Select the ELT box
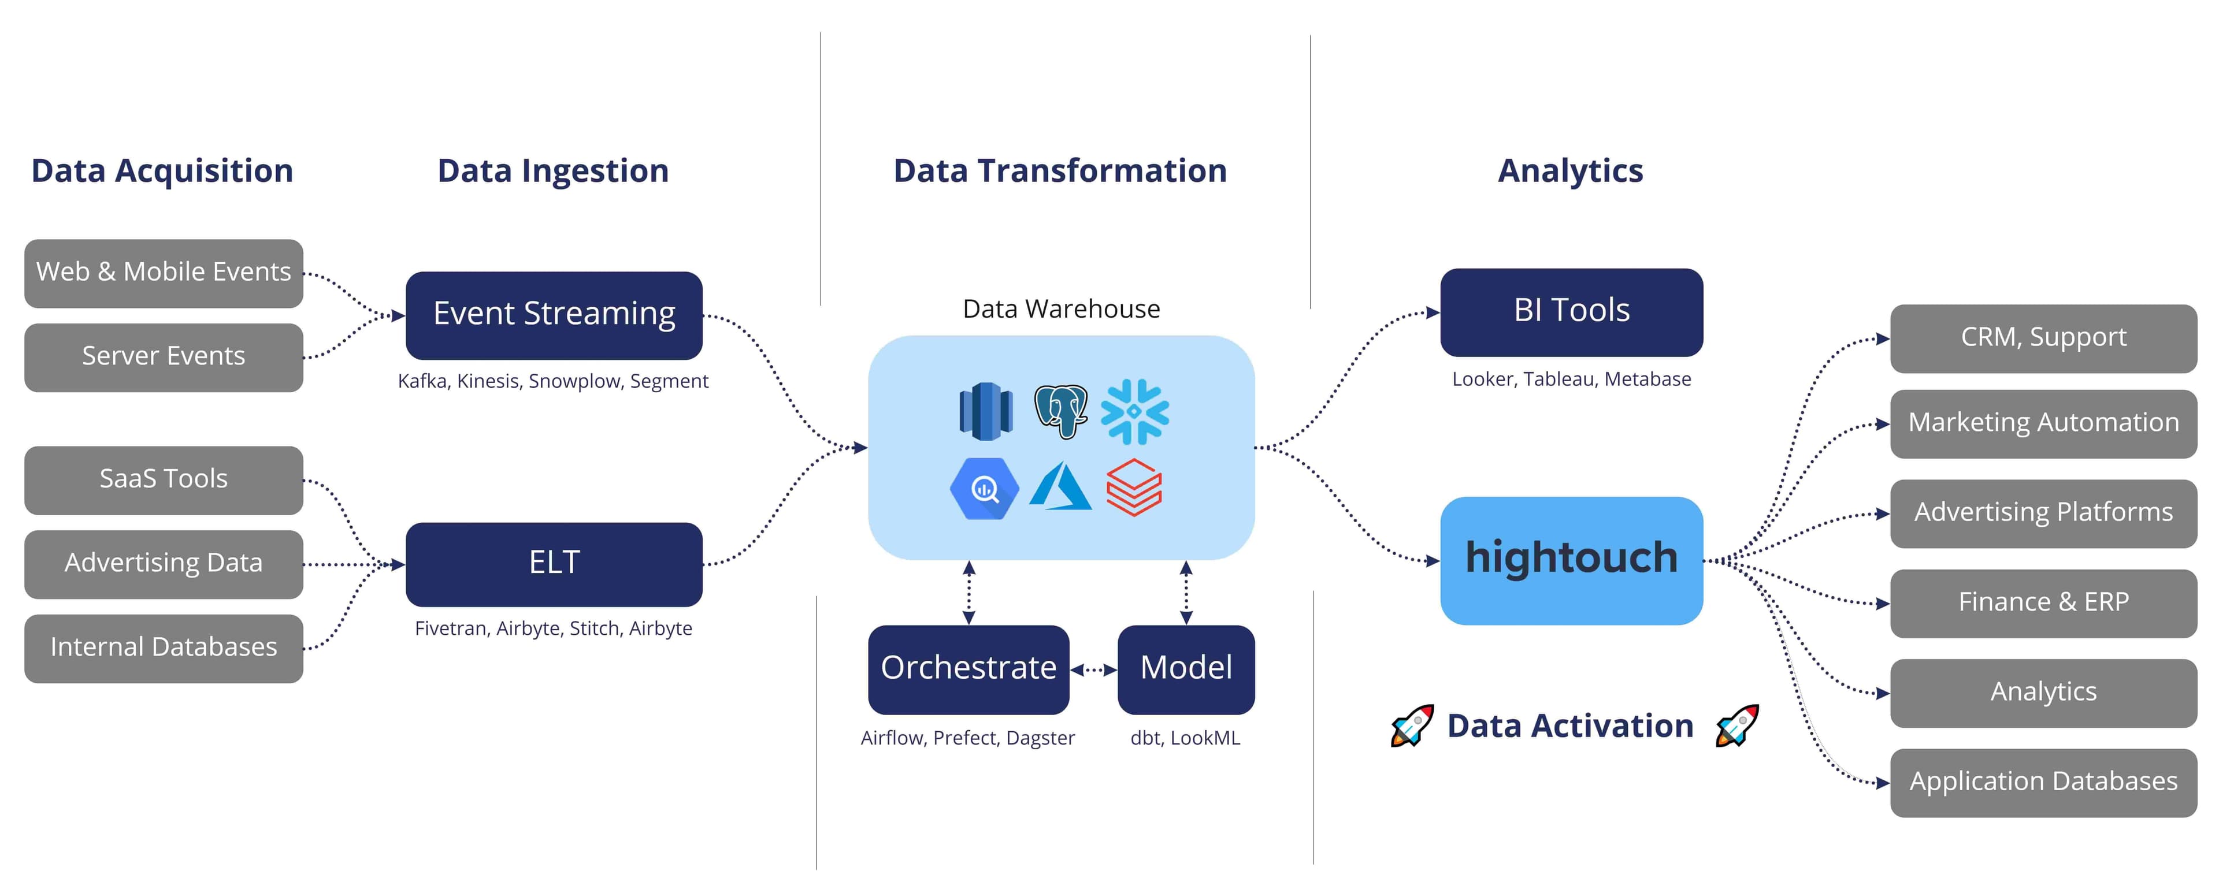pos(554,564)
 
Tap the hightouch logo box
pos(1571,560)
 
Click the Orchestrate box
pos(969,669)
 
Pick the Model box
pos(1185,669)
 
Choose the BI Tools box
pos(1571,312)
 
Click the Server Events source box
pos(164,356)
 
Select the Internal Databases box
pos(164,648)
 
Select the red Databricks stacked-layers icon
pos(1134,488)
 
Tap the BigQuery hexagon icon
pos(984,488)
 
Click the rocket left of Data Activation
pos(1412,726)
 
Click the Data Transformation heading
pos(1060,170)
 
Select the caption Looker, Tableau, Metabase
pos(1571,379)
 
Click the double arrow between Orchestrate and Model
pos(1093,669)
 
